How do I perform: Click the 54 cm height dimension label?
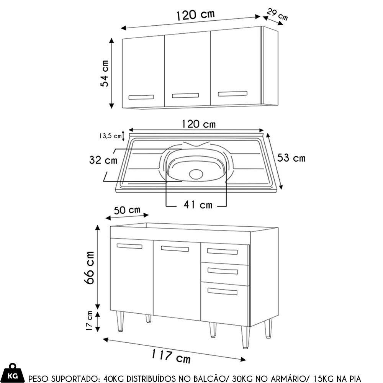point(104,73)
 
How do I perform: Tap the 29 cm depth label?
point(277,14)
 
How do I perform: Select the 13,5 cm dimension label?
point(110,136)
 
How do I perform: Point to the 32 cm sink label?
point(103,160)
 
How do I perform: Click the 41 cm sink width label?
point(198,205)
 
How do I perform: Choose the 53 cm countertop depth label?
point(291,158)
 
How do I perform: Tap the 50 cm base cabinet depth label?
point(127,210)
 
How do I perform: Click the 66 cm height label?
point(89,267)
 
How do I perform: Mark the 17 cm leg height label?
point(89,321)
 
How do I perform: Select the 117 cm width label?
point(171,356)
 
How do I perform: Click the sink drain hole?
point(196,174)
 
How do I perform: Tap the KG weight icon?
point(13,373)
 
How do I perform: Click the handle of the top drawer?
point(222,251)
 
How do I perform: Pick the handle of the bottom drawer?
point(222,291)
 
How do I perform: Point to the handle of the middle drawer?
point(223,271)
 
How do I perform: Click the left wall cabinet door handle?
point(141,97)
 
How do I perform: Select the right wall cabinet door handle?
point(232,94)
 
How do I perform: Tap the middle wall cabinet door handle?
point(185,95)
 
